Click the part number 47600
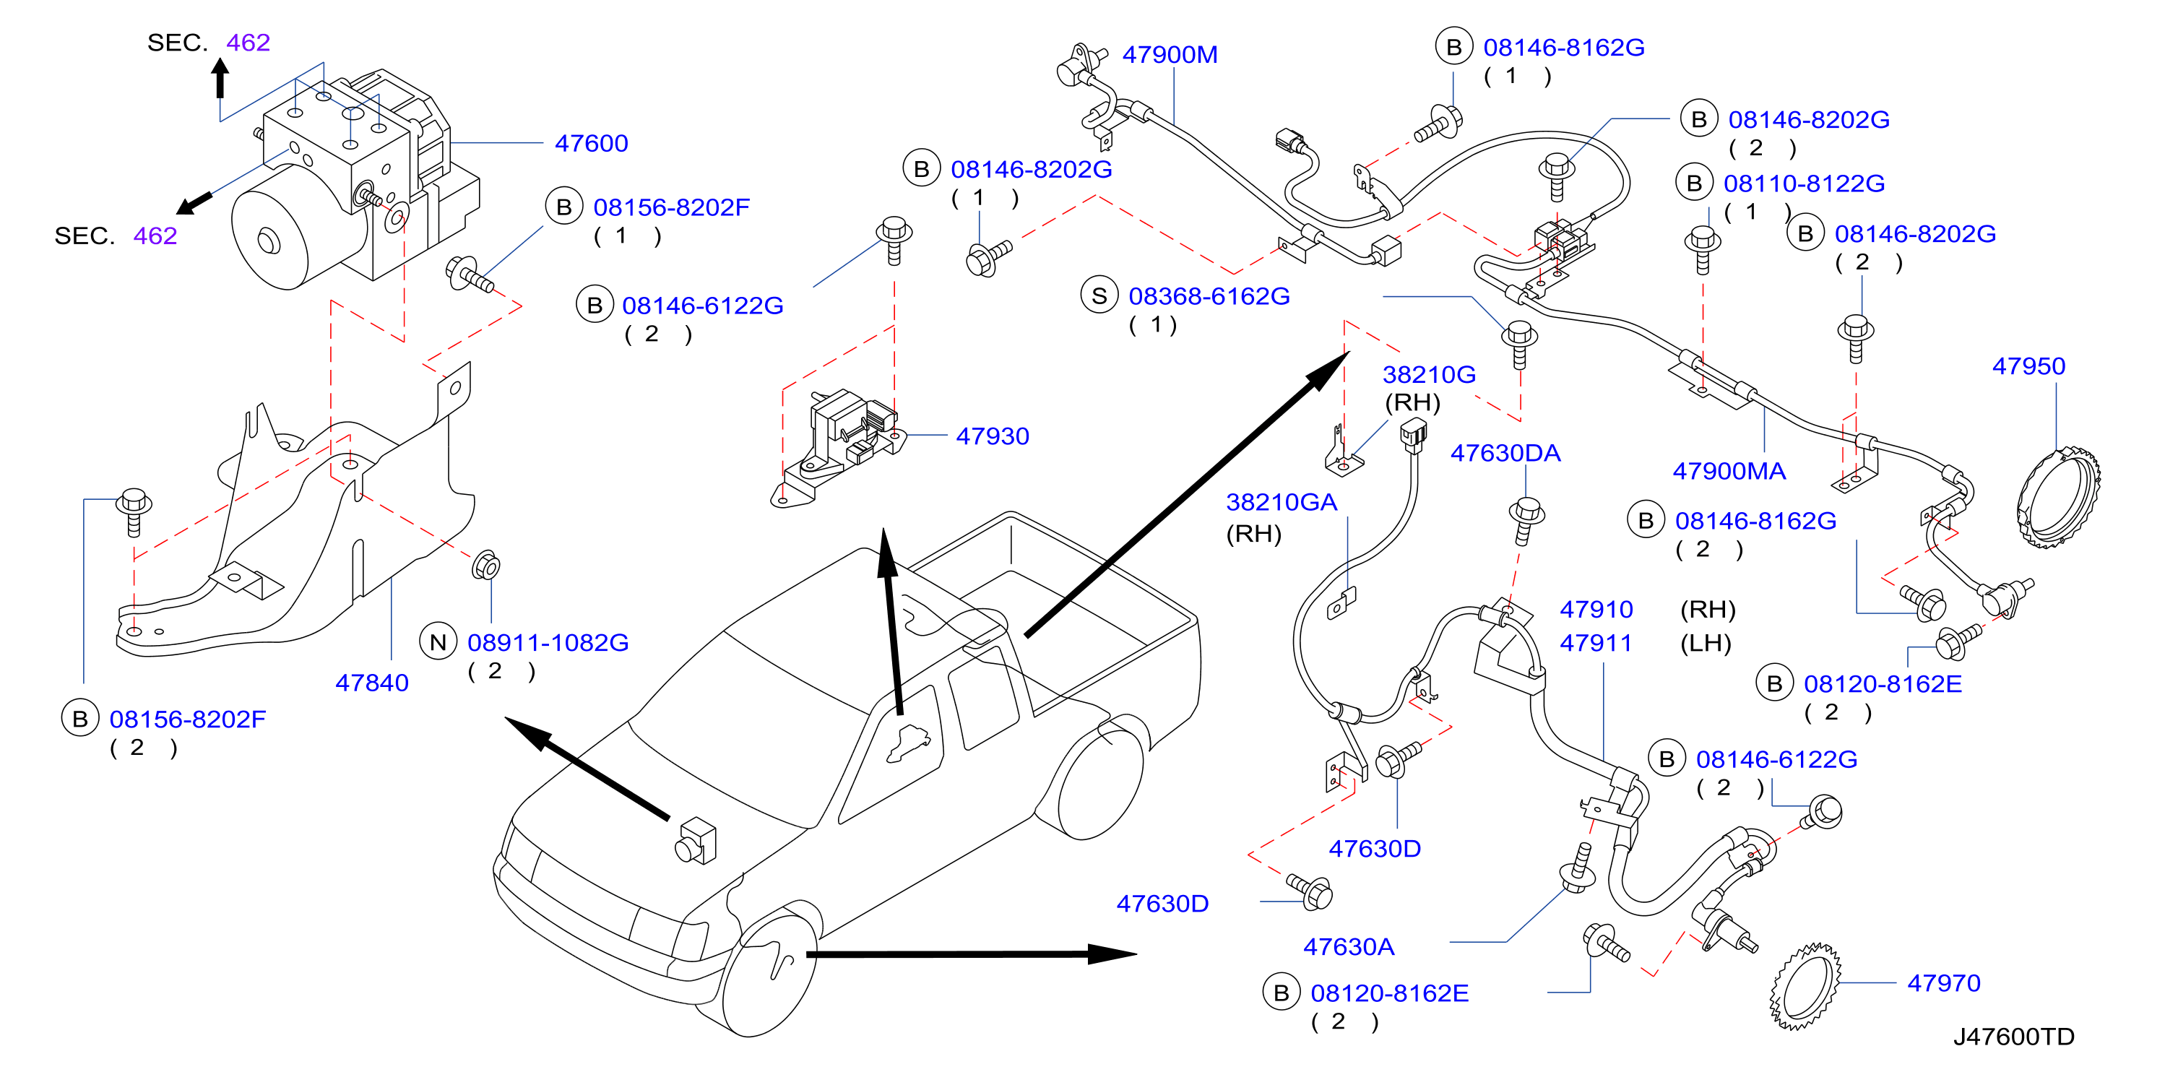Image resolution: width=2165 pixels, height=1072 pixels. tap(591, 144)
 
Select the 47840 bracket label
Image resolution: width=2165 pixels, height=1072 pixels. tap(371, 683)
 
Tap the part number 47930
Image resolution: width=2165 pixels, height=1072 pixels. tap(992, 436)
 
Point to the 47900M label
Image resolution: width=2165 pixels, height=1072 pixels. tap(1169, 55)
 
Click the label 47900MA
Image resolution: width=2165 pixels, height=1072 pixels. tap(1728, 471)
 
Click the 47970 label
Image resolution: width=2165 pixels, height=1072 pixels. tap(1943, 983)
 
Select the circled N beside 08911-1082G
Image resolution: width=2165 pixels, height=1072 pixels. tap(438, 643)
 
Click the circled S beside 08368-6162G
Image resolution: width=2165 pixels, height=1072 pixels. tap(1099, 295)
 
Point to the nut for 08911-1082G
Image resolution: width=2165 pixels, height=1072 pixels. tap(487, 566)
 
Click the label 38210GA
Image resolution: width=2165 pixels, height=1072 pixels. tap(1281, 502)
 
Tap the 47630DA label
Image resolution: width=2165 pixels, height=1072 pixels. tap(1505, 454)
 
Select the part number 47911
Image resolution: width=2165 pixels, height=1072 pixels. tap(1595, 644)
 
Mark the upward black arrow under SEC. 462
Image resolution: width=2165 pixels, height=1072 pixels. tap(220, 78)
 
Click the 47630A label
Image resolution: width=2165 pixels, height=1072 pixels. tap(1348, 947)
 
